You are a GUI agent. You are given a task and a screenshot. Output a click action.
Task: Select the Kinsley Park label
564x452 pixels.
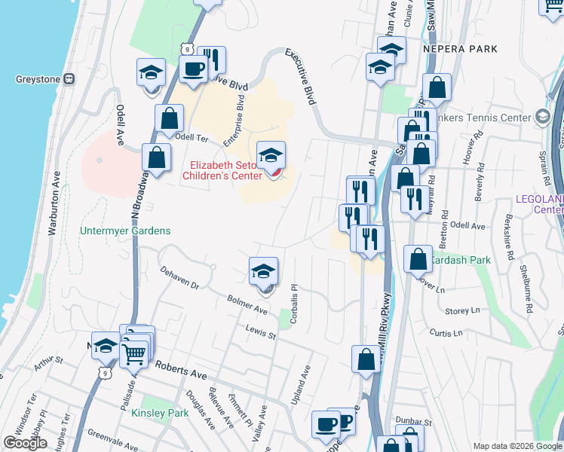click(x=160, y=413)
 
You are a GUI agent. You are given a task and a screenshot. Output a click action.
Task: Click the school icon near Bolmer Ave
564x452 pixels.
click(x=264, y=272)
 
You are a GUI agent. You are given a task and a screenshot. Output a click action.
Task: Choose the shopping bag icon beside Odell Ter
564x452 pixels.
click(x=170, y=118)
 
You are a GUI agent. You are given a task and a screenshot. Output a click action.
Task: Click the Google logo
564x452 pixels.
click(x=25, y=443)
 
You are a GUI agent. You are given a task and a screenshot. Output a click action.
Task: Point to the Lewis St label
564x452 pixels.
click(x=261, y=330)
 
